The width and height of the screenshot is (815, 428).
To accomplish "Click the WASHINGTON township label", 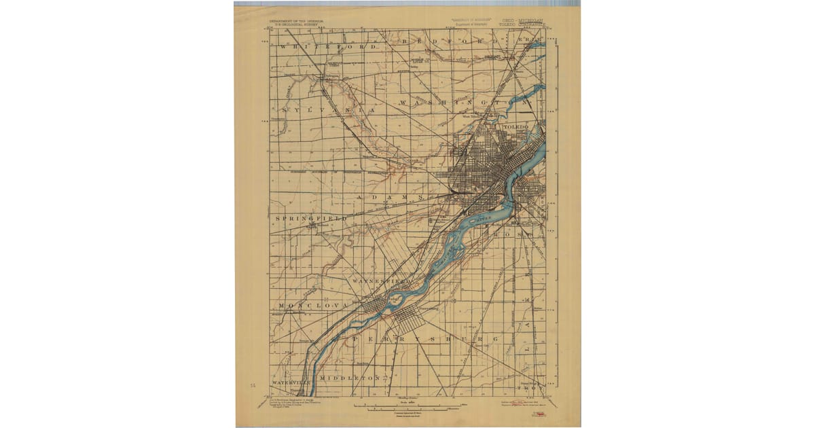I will [x=462, y=103].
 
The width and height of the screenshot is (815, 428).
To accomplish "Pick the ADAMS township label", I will [x=391, y=197].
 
